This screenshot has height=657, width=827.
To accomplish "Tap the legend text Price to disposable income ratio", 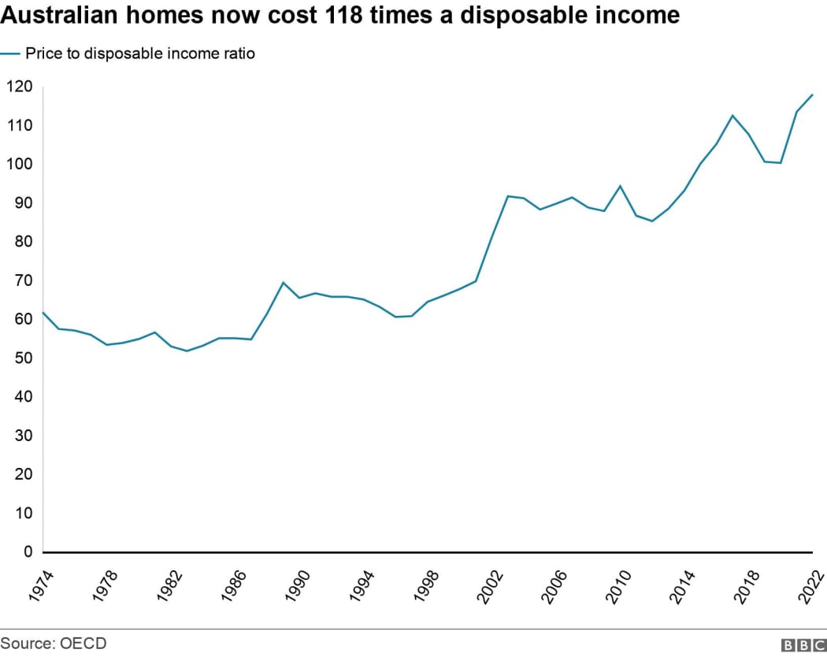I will pyautogui.click(x=140, y=54).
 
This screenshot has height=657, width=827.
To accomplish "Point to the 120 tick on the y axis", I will pyautogui.click(x=18, y=87).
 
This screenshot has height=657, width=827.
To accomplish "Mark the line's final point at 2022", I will pyautogui.click(x=812, y=95).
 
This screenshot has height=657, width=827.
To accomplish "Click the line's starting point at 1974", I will pyautogui.click(x=43, y=313).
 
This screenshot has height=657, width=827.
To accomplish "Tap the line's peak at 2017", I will pyautogui.click(x=732, y=116).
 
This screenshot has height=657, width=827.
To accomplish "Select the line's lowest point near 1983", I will pyautogui.click(x=187, y=351).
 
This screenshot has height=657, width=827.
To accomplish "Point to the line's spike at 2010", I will pyautogui.click(x=620, y=186).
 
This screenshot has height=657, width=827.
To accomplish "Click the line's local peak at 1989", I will pyautogui.click(x=283, y=282).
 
